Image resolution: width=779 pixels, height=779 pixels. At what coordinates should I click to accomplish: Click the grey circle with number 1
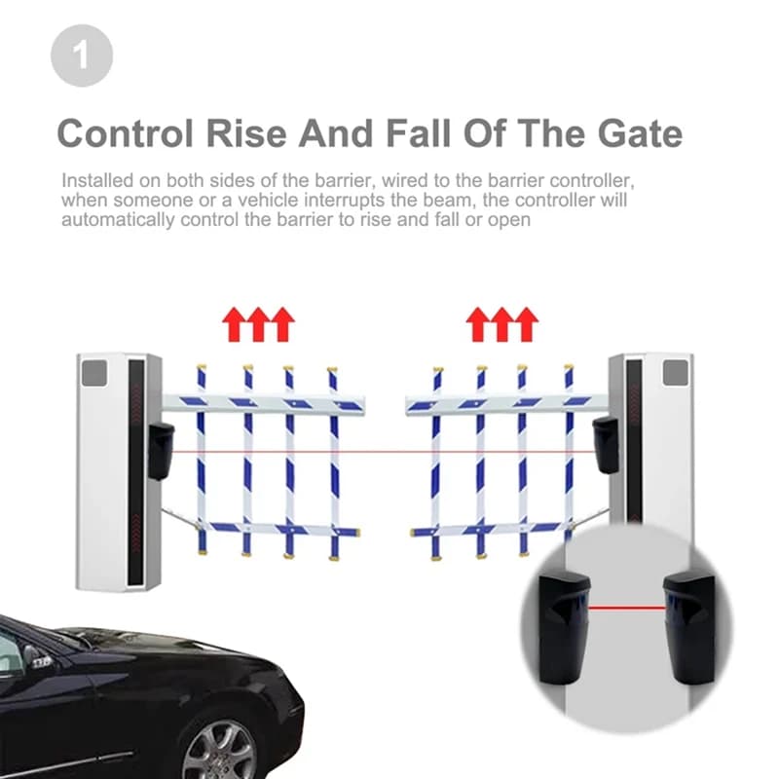tap(82, 56)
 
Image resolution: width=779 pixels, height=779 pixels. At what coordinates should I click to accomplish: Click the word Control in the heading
tap(129, 133)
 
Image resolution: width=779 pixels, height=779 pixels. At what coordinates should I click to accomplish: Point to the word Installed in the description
tap(92, 182)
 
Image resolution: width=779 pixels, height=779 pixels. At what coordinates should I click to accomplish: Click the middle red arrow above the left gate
tap(258, 324)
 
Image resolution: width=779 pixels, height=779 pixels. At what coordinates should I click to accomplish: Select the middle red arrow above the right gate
tap(501, 324)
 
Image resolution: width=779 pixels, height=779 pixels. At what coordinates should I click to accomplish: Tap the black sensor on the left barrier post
tap(161, 450)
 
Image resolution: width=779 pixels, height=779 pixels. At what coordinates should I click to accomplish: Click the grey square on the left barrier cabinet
tap(93, 373)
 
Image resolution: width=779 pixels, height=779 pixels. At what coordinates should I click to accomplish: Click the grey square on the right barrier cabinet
tap(675, 373)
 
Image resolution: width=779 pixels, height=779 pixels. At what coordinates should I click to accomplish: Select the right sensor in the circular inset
tap(690, 623)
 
